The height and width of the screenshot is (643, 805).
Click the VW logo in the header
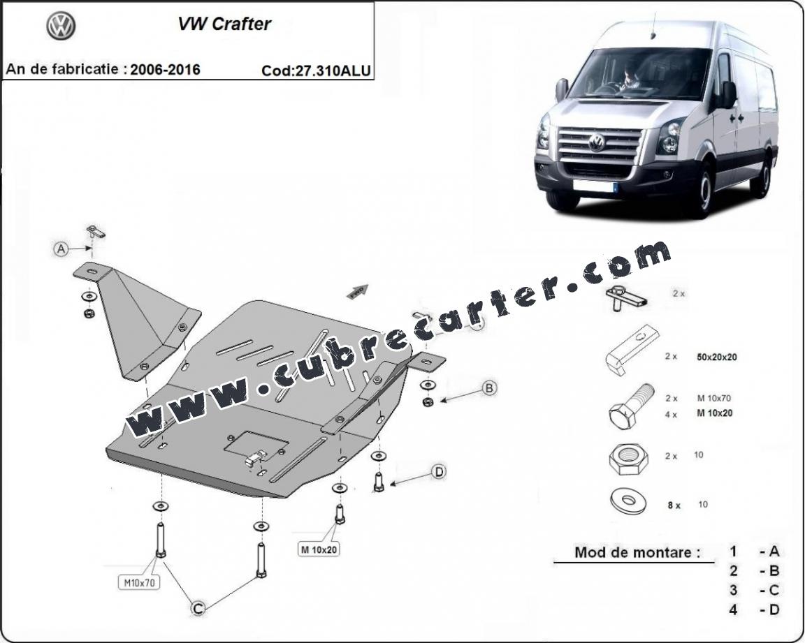click(x=61, y=26)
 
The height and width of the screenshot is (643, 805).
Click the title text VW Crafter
click(x=224, y=24)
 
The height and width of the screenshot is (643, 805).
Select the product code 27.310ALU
click(x=332, y=71)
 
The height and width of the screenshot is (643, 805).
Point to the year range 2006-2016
click(x=165, y=69)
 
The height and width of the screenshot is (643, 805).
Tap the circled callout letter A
click(x=61, y=249)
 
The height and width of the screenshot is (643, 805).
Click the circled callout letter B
click(x=489, y=388)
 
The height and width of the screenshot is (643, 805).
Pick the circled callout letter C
click(x=198, y=608)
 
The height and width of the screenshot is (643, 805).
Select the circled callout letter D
click(x=438, y=471)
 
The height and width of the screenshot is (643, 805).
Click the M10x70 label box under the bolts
click(x=139, y=582)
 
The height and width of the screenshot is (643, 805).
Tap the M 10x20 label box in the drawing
click(x=319, y=549)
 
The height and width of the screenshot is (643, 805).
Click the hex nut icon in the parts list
click(x=628, y=456)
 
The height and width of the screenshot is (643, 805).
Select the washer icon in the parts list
click(x=628, y=501)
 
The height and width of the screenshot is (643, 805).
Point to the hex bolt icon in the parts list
click(x=631, y=406)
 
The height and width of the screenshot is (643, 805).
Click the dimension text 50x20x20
click(x=717, y=357)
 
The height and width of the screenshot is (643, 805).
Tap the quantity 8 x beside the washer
click(x=674, y=505)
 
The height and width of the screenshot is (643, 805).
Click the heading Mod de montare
click(x=637, y=552)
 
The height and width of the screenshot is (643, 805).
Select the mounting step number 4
click(x=733, y=609)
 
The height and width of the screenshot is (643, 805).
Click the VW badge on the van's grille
click(x=596, y=142)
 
